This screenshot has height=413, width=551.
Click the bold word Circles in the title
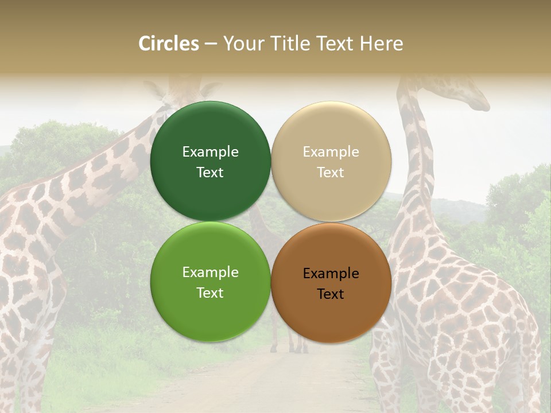169,44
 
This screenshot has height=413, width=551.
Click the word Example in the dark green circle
210,152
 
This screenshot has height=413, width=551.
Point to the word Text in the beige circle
331,173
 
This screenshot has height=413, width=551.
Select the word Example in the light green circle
210,272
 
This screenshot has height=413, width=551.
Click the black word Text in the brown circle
331,294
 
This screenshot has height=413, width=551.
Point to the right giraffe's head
471,95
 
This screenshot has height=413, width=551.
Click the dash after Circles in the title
210,44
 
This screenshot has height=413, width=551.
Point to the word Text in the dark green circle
210,173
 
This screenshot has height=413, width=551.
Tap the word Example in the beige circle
331,152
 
